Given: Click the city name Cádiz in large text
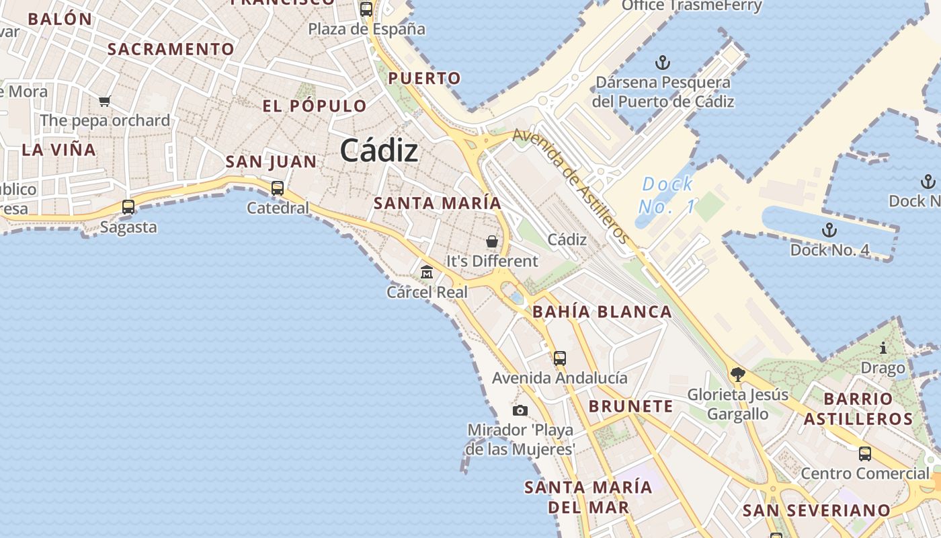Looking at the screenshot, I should [x=379, y=150].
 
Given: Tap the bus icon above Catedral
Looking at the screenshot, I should [x=278, y=188].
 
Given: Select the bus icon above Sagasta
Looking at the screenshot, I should [x=128, y=207].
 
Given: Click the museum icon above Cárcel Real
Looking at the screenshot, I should [x=427, y=272].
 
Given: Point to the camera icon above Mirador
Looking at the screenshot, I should [x=520, y=410].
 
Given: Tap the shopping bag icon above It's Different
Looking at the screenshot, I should [x=492, y=241].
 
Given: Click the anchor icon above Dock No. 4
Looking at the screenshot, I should [x=829, y=230].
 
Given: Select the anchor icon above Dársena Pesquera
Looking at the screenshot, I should [x=663, y=63].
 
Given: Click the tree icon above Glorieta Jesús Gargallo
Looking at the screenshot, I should [x=737, y=374].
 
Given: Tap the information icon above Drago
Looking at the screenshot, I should [x=883, y=348].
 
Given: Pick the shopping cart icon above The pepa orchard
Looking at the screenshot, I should [x=104, y=102].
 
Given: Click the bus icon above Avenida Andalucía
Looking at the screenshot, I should [x=560, y=358].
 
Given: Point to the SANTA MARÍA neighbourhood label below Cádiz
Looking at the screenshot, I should [x=438, y=203].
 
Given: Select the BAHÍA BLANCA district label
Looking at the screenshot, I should [x=602, y=312].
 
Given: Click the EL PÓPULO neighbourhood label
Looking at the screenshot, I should [x=315, y=106].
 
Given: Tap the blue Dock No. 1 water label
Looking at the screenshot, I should [x=667, y=195].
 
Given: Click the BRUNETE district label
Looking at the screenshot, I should [x=630, y=406].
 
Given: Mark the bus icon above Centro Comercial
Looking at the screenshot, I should [x=865, y=454].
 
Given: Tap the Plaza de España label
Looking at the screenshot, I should [x=367, y=29].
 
